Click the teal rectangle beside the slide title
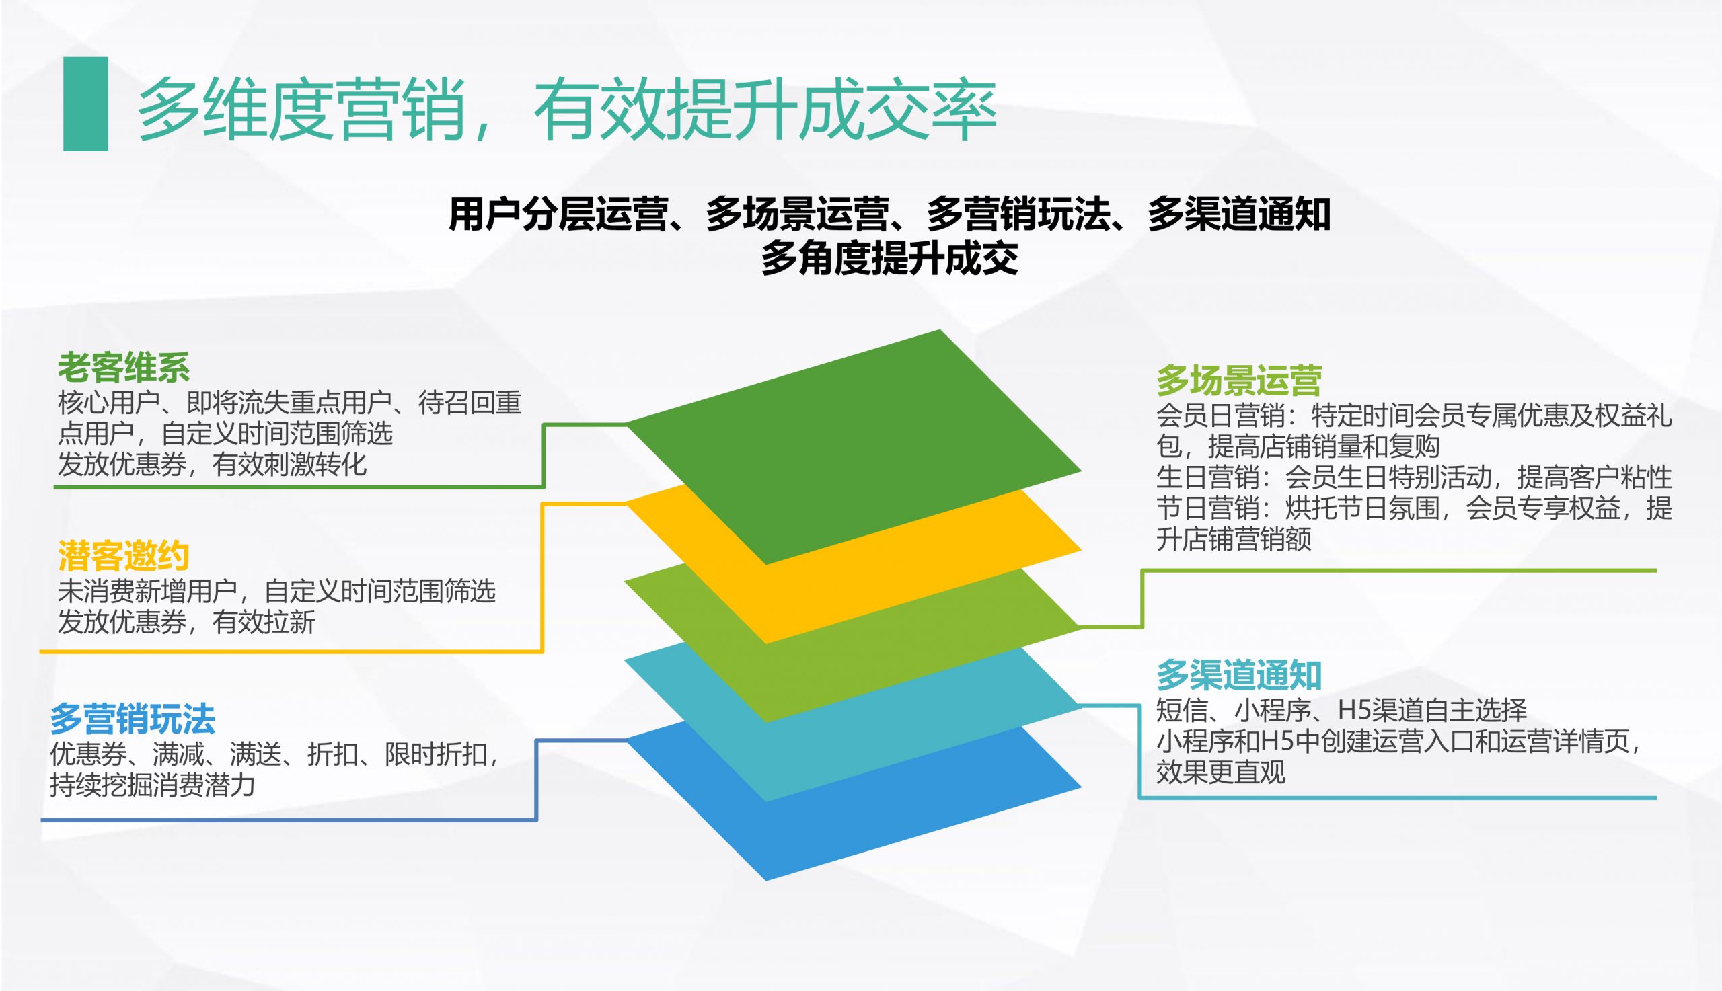[x=86, y=104]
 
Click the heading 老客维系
[x=123, y=368]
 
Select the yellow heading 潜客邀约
[x=123, y=556]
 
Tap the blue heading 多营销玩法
[x=133, y=719]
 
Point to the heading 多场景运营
[x=1238, y=381]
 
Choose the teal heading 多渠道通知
[x=1238, y=675]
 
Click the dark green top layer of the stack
[x=854, y=446]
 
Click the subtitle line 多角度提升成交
[x=890, y=259]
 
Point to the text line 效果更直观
[x=1221, y=772]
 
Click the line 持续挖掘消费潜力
[x=153, y=785]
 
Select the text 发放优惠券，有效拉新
[x=186, y=622]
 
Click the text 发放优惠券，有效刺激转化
[x=213, y=464]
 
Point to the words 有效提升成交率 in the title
[x=765, y=109]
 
